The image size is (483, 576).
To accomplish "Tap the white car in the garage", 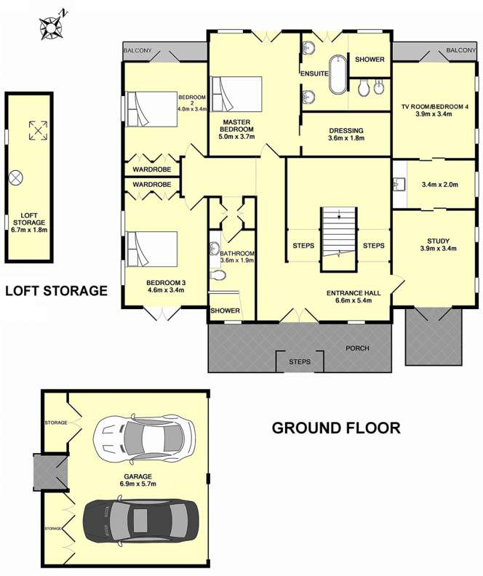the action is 144,437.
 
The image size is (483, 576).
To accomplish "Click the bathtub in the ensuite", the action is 338,75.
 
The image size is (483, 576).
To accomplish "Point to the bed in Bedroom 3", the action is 152,249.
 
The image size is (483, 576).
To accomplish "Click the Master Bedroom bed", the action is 236,94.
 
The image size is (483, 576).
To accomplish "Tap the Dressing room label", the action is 346,130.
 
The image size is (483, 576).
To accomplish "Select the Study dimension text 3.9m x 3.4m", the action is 438,248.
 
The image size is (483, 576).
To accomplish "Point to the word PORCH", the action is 357,348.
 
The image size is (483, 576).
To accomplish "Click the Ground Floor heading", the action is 336,428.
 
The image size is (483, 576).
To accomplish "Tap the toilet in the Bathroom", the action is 217,275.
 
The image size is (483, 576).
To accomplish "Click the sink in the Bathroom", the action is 215,249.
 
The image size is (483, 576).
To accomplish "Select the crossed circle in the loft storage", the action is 16,177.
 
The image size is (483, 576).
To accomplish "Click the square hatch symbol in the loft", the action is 39,130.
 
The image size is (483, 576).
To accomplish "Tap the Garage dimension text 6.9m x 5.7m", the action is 138,484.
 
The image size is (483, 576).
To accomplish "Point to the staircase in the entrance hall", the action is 339,239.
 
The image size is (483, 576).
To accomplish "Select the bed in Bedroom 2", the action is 152,109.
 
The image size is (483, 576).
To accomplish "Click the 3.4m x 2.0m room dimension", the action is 439,185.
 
